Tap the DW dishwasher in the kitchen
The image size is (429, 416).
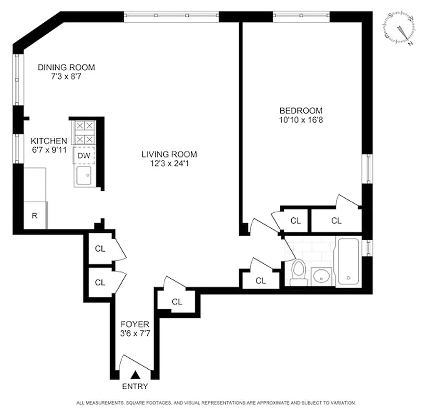(84, 155)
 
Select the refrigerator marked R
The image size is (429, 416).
(34, 215)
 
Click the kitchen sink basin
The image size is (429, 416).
(84, 176)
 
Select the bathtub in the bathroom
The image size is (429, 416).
(348, 261)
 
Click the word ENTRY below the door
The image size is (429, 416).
(135, 386)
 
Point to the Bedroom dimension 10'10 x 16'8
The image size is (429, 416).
(301, 120)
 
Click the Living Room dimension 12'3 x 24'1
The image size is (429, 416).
(170, 163)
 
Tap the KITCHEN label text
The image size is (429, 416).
(49, 141)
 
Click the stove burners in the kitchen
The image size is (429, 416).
(84, 132)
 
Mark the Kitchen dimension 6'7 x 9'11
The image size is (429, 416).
(49, 150)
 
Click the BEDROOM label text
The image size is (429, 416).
(301, 110)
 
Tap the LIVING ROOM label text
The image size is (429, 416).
(170, 154)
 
